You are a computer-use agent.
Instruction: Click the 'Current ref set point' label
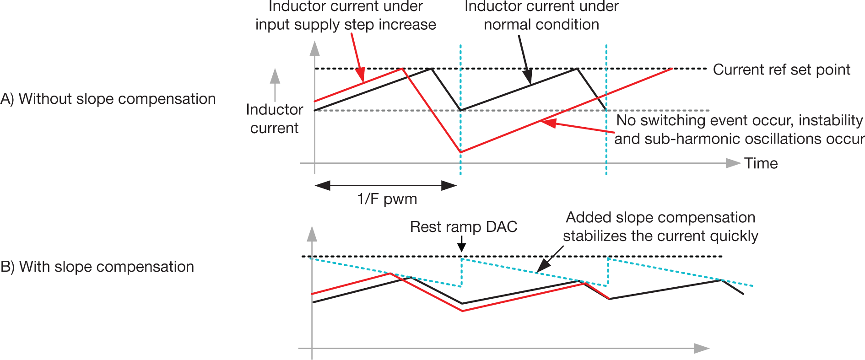pyautogui.click(x=781, y=70)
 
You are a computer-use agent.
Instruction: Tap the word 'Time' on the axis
pyautogui.click(x=761, y=163)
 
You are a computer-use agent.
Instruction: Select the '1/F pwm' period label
pyautogui.click(x=387, y=199)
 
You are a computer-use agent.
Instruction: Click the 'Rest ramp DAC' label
pyautogui.click(x=463, y=226)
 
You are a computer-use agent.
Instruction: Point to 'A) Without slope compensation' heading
pyautogui.click(x=108, y=99)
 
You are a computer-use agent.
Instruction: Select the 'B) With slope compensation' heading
pyautogui.click(x=97, y=267)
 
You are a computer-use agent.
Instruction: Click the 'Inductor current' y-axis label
pyautogui.click(x=274, y=118)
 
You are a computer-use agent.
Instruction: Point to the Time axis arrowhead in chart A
pyautogui.click(x=733, y=163)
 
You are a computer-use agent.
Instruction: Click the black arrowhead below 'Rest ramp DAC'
pyautogui.click(x=462, y=247)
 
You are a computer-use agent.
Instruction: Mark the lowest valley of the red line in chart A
pyautogui.click(x=460, y=152)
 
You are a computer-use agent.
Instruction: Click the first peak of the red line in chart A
pyautogui.click(x=402, y=69)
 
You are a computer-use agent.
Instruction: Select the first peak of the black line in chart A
pyautogui.click(x=432, y=69)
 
